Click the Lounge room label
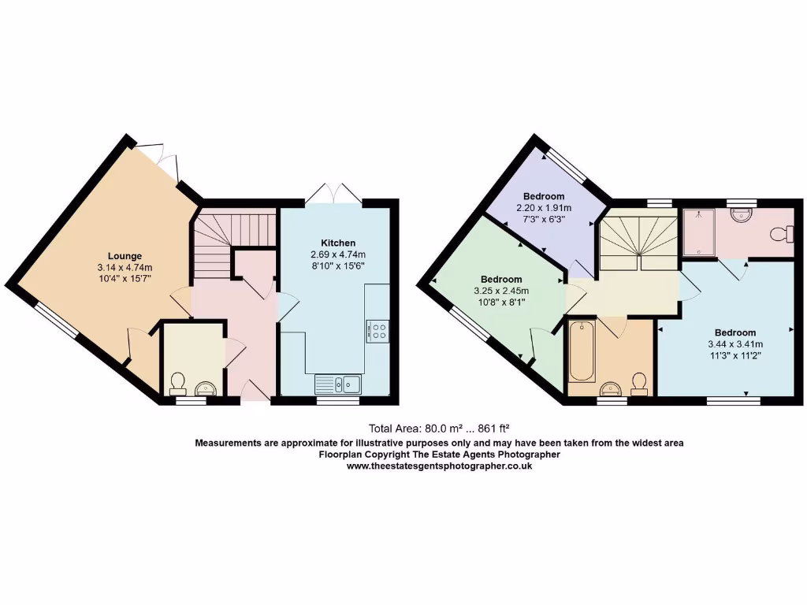[x=125, y=256]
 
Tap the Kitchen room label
[x=337, y=243]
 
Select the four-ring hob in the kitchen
[x=377, y=331]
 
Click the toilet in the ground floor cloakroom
[x=177, y=384]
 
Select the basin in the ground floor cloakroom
[x=206, y=386]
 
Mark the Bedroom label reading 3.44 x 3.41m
[x=735, y=332]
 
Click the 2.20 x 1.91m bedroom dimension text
[x=544, y=208]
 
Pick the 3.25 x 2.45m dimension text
[x=500, y=291]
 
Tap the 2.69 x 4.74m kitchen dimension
[x=337, y=254]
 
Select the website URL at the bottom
[x=440, y=466]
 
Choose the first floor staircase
[x=638, y=239]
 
